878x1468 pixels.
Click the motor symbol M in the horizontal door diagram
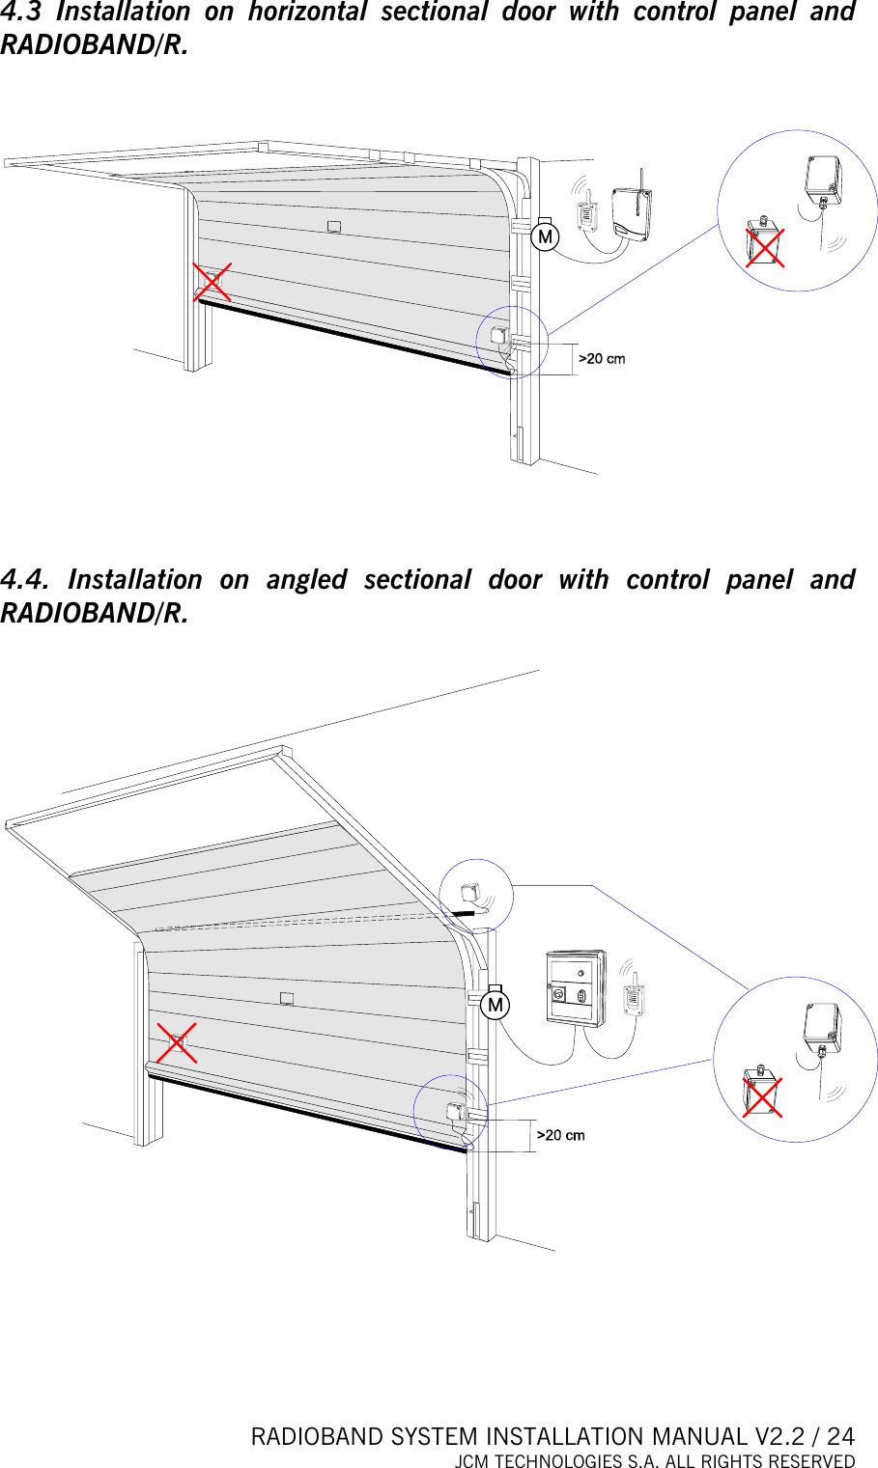[x=545, y=236]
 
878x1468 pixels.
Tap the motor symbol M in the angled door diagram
[x=495, y=1005]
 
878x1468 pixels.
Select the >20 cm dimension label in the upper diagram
[x=602, y=359]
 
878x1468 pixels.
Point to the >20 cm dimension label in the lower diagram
[x=561, y=1135]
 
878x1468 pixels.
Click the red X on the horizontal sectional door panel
[x=212, y=282]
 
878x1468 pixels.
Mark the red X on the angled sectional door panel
[x=177, y=1043]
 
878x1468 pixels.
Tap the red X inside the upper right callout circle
[x=764, y=246]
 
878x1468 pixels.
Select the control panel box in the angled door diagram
[x=576, y=988]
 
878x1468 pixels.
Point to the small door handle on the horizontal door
[x=333, y=227]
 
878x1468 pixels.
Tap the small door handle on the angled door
[x=286, y=998]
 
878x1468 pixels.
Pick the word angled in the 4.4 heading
[x=306, y=579]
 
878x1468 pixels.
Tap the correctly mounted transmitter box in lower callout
[x=822, y=1029]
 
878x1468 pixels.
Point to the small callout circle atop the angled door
[x=476, y=896]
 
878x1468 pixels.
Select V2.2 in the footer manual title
[x=779, y=1437]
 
